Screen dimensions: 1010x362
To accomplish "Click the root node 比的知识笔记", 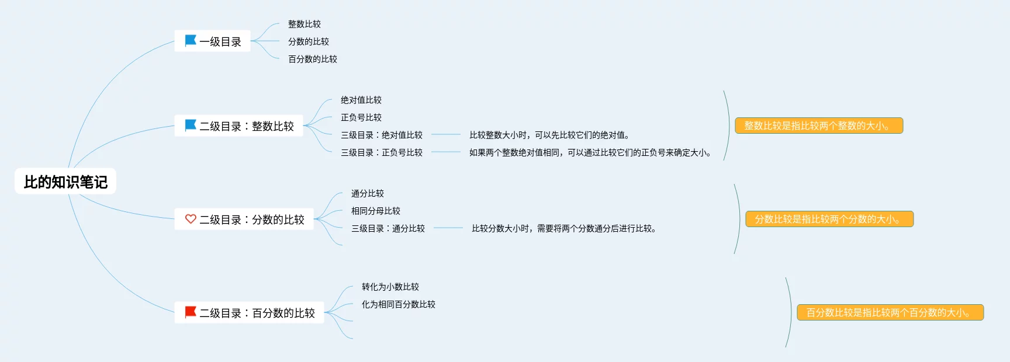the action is (x=65, y=182).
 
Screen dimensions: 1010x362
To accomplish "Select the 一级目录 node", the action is (x=213, y=41).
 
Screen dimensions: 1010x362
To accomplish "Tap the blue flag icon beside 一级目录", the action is (x=191, y=41).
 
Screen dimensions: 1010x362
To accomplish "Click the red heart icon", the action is (x=191, y=219).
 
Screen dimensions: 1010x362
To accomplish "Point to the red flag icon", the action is (x=191, y=312).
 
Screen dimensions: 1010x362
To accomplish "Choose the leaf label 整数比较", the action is (x=304, y=24).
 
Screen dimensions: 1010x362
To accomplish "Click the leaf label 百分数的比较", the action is (x=312, y=59).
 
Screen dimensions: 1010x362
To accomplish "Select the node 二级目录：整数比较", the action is (x=239, y=126).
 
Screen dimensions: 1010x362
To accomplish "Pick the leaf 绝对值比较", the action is (x=361, y=100).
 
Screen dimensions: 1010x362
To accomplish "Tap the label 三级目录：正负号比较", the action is (x=381, y=152).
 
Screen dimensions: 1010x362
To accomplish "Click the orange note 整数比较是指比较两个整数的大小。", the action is (x=818, y=126).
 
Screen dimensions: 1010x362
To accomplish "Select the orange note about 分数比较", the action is (x=829, y=219).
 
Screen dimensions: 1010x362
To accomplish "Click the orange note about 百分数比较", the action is (x=890, y=312).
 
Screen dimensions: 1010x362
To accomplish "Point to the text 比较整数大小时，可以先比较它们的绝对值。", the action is (x=549, y=135).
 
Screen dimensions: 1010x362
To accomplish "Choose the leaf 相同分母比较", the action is (x=375, y=211).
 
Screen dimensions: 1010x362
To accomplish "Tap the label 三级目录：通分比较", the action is (x=388, y=228).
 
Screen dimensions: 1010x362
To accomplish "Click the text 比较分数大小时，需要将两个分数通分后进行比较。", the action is (x=563, y=228).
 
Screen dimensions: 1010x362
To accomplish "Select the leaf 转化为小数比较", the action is (x=390, y=287).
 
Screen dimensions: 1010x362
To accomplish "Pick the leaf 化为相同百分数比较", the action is (x=398, y=304).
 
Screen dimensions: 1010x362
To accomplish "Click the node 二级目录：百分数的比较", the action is (x=250, y=313).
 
